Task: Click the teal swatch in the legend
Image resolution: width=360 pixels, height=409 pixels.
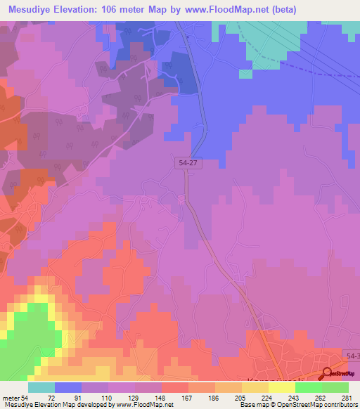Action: [x=41, y=387]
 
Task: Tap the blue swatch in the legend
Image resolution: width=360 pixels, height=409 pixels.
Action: [x=67, y=387]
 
